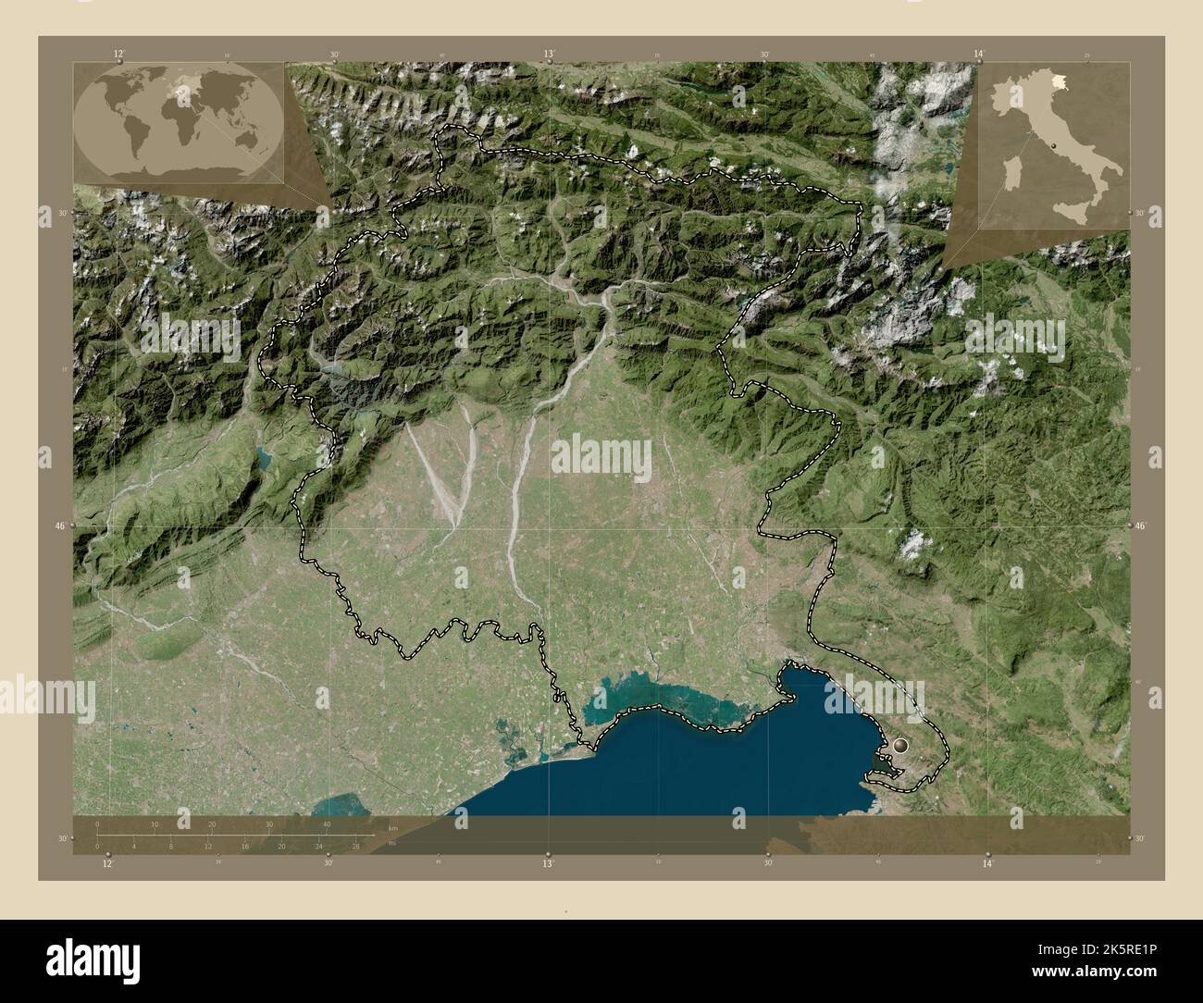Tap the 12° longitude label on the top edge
pos(118,55)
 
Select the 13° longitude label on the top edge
pos(549,55)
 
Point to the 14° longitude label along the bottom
pos(988,863)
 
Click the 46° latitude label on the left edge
pos(60,526)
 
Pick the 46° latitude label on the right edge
pos(1142,526)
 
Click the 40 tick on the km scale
pos(326,824)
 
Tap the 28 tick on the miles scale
pos(355,846)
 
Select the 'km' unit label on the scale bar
pos(393,826)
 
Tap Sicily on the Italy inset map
pos(1073,213)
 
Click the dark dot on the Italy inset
pos(1054,146)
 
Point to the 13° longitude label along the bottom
pos(549,863)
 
